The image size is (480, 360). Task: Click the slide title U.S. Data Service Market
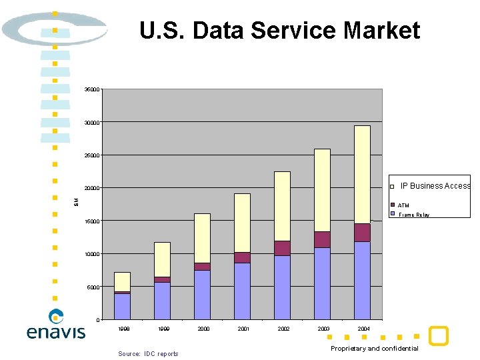pyautogui.click(x=279, y=31)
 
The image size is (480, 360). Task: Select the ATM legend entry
pyautogui.click(x=403, y=205)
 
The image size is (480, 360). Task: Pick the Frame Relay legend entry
pyautogui.click(x=413, y=215)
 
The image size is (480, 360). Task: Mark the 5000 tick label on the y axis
pyautogui.click(x=93, y=287)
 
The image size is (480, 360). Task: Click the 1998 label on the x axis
pyautogui.click(x=122, y=329)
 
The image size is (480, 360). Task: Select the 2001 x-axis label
pyautogui.click(x=242, y=329)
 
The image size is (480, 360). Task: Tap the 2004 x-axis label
pyautogui.click(x=363, y=329)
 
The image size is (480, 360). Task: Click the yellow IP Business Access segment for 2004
pyautogui.click(x=362, y=174)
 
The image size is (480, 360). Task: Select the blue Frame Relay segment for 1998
pyautogui.click(x=122, y=306)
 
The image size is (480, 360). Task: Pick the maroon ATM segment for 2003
pyautogui.click(x=322, y=239)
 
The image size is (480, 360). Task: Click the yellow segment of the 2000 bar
pyautogui.click(x=202, y=238)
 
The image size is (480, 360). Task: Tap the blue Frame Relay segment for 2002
pyautogui.click(x=282, y=287)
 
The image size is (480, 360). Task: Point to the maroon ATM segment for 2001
pyautogui.click(x=242, y=257)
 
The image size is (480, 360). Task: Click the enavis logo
pyautogui.click(x=56, y=325)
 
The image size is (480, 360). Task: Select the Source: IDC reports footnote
pyautogui.click(x=148, y=353)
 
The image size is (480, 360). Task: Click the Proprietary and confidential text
pyautogui.click(x=375, y=349)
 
